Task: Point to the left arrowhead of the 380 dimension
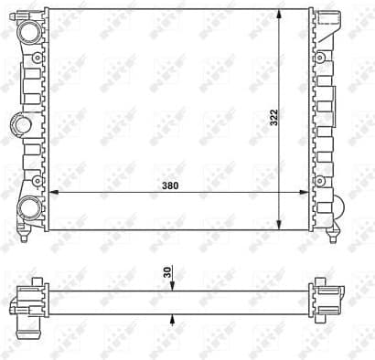coord(51,192)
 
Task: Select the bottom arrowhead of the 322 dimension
coord(279,227)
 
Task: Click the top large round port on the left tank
coord(29,31)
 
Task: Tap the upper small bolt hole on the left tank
coord(37,60)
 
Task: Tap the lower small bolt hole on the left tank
coord(37,178)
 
